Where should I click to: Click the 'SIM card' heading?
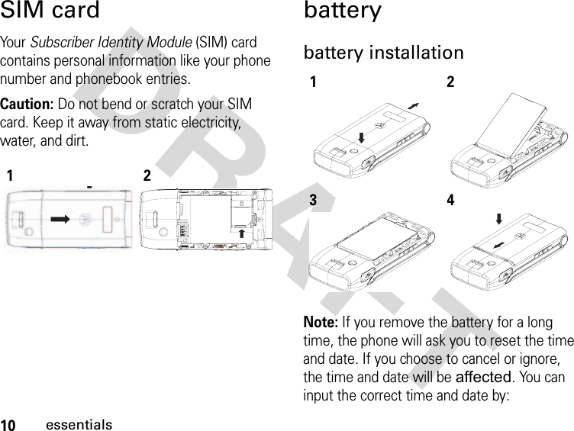[50, 11]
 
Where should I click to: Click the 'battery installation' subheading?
[383, 53]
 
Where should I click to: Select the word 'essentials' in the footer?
[79, 424]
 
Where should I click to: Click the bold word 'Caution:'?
[27, 104]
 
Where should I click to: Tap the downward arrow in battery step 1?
[362, 137]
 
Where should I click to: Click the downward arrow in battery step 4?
[498, 218]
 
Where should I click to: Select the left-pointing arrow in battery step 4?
[498, 245]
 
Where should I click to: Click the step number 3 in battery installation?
[314, 201]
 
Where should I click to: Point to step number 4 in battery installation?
[450, 201]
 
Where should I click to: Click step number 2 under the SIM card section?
[147, 176]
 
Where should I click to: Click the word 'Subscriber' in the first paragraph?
[60, 43]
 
